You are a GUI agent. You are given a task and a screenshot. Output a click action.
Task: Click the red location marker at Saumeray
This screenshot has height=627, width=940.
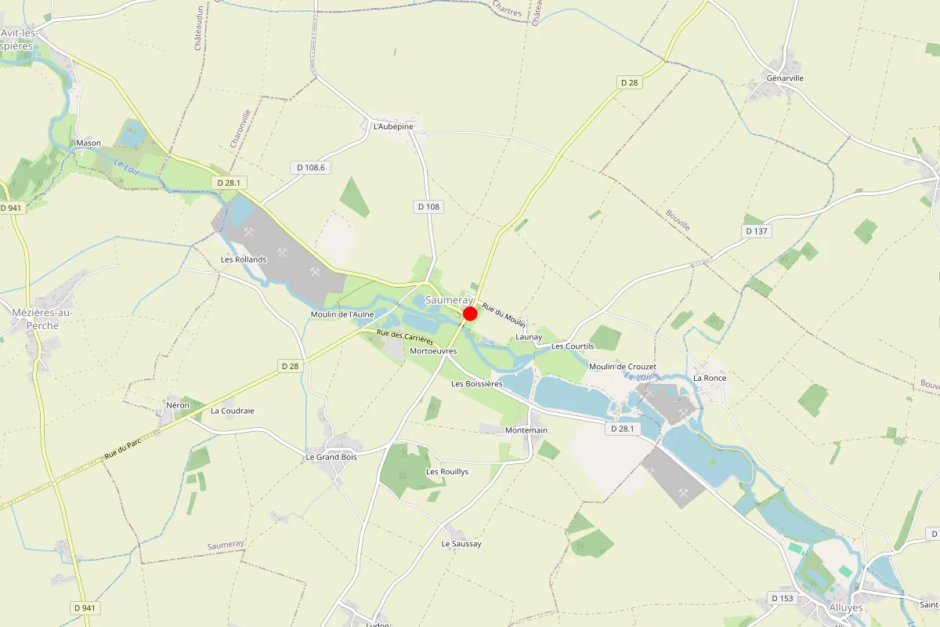pyautogui.click(x=470, y=313)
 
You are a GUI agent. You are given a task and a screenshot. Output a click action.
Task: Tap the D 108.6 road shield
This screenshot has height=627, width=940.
pyautogui.click(x=311, y=167)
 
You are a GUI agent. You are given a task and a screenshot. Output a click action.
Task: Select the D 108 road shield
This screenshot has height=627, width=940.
pyautogui.click(x=428, y=207)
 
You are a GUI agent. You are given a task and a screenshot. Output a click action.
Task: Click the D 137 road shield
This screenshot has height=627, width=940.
pyautogui.click(x=756, y=231)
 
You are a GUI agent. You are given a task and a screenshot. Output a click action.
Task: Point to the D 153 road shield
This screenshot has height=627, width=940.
pyautogui.click(x=782, y=599)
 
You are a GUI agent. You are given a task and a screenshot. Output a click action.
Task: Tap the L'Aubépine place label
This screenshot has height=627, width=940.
pyautogui.click(x=393, y=126)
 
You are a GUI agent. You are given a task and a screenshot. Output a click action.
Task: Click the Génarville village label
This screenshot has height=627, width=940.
pyautogui.click(x=786, y=78)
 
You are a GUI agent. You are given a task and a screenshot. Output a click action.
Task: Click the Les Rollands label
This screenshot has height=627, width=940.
pyautogui.click(x=244, y=259)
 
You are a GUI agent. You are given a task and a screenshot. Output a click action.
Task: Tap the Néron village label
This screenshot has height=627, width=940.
pyautogui.click(x=178, y=405)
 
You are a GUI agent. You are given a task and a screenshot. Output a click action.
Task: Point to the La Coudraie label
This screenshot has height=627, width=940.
pyautogui.click(x=233, y=411)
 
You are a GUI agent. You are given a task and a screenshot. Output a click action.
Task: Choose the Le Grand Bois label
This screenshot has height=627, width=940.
pyautogui.click(x=331, y=456)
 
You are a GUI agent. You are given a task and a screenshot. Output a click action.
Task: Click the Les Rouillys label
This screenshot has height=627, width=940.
pyautogui.click(x=447, y=472)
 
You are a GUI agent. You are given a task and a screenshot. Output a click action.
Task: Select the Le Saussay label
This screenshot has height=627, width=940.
pyautogui.click(x=461, y=544)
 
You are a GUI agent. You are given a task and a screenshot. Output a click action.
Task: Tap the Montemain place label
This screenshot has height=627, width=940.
pyautogui.click(x=526, y=430)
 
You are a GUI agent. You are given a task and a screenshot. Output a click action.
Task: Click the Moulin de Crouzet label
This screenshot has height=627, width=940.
pyautogui.click(x=622, y=367)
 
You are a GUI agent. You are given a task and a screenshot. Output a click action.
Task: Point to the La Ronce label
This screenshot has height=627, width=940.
pyautogui.click(x=710, y=378)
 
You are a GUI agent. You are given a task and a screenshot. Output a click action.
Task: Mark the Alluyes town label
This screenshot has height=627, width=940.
pyautogui.click(x=845, y=607)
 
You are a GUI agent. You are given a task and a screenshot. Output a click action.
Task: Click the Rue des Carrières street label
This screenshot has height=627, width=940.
pyautogui.click(x=405, y=338)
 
